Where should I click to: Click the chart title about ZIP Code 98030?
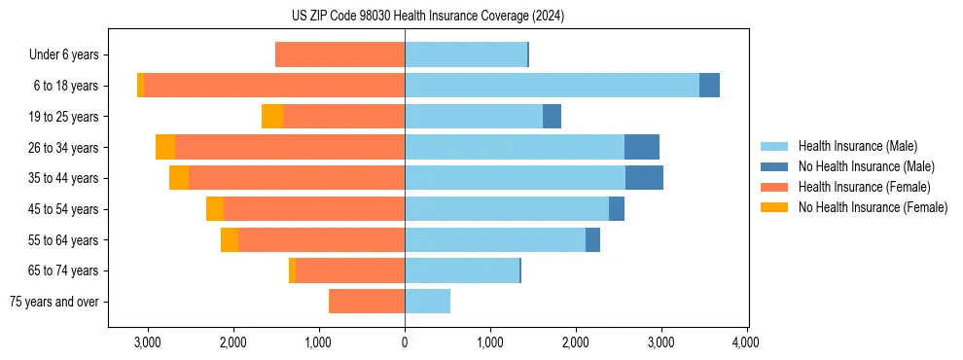pyautogui.click(x=427, y=17)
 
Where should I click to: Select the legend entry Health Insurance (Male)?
pyautogui.click(x=857, y=146)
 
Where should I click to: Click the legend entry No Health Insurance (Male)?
pyautogui.click(x=866, y=166)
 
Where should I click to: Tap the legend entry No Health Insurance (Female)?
pyautogui.click(x=873, y=207)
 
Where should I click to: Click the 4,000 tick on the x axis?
pyautogui.click(x=746, y=342)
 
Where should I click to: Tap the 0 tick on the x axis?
pyautogui.click(x=405, y=342)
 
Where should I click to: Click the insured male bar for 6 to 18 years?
pyautogui.click(x=552, y=86)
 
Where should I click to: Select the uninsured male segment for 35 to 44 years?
pyautogui.click(x=644, y=178)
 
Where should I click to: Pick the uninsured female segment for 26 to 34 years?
pyautogui.click(x=165, y=147)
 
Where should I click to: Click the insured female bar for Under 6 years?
pyautogui.click(x=340, y=54)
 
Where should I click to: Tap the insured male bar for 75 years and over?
pyautogui.click(x=427, y=302)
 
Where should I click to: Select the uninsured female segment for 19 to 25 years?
pyautogui.click(x=272, y=117)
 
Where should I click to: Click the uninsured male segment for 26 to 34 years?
pyautogui.click(x=642, y=147)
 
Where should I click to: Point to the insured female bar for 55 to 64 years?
pyautogui.click(x=321, y=240)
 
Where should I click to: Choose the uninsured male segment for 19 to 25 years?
pyautogui.click(x=552, y=117)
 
